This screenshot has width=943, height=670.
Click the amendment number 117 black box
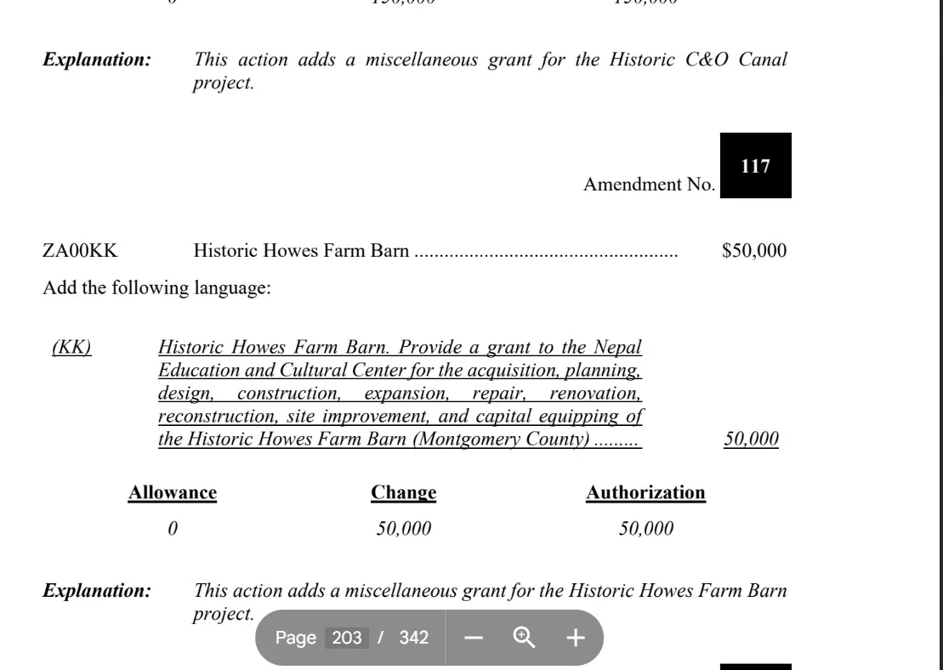pyautogui.click(x=755, y=166)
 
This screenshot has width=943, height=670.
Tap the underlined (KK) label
pyautogui.click(x=71, y=348)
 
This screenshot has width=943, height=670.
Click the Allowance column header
pyautogui.click(x=172, y=492)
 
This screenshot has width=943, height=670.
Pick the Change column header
pyautogui.click(x=404, y=492)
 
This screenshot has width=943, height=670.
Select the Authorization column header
pyautogui.click(x=645, y=492)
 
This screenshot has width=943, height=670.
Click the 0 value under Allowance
pyautogui.click(x=173, y=529)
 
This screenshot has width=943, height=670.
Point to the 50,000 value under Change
pyautogui.click(x=404, y=529)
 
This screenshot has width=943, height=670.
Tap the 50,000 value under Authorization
pyautogui.click(x=646, y=529)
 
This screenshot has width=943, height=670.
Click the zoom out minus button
pyautogui.click(x=474, y=638)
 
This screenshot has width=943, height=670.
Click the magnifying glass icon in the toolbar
pyautogui.click(x=524, y=638)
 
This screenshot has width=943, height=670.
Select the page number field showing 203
pyautogui.click(x=346, y=638)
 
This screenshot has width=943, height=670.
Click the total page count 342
pyautogui.click(x=413, y=638)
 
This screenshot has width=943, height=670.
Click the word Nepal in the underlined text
pyautogui.click(x=618, y=348)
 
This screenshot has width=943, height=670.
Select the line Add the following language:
pyautogui.click(x=156, y=288)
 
